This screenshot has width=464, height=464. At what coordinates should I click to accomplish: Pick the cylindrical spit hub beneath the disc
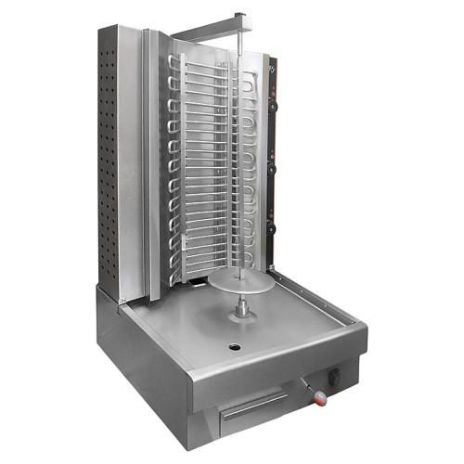(243, 307)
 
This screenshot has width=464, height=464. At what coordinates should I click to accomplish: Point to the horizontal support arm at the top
(208, 31)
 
